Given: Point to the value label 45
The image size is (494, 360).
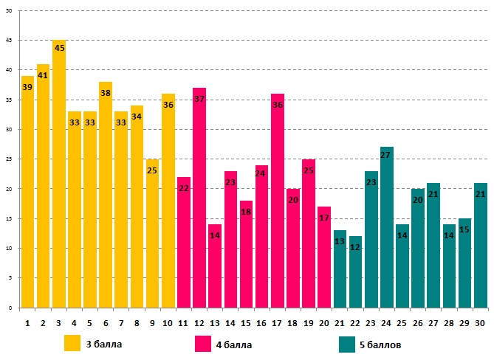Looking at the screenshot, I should [59, 48].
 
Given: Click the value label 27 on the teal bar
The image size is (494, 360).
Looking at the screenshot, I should [386, 155].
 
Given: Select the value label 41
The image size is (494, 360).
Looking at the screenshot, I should [43, 75].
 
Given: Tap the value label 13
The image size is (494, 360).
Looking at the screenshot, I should [340, 241].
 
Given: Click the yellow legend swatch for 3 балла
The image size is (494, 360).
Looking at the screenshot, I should [72, 344].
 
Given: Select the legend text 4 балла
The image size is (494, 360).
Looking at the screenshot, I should [235, 345].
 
